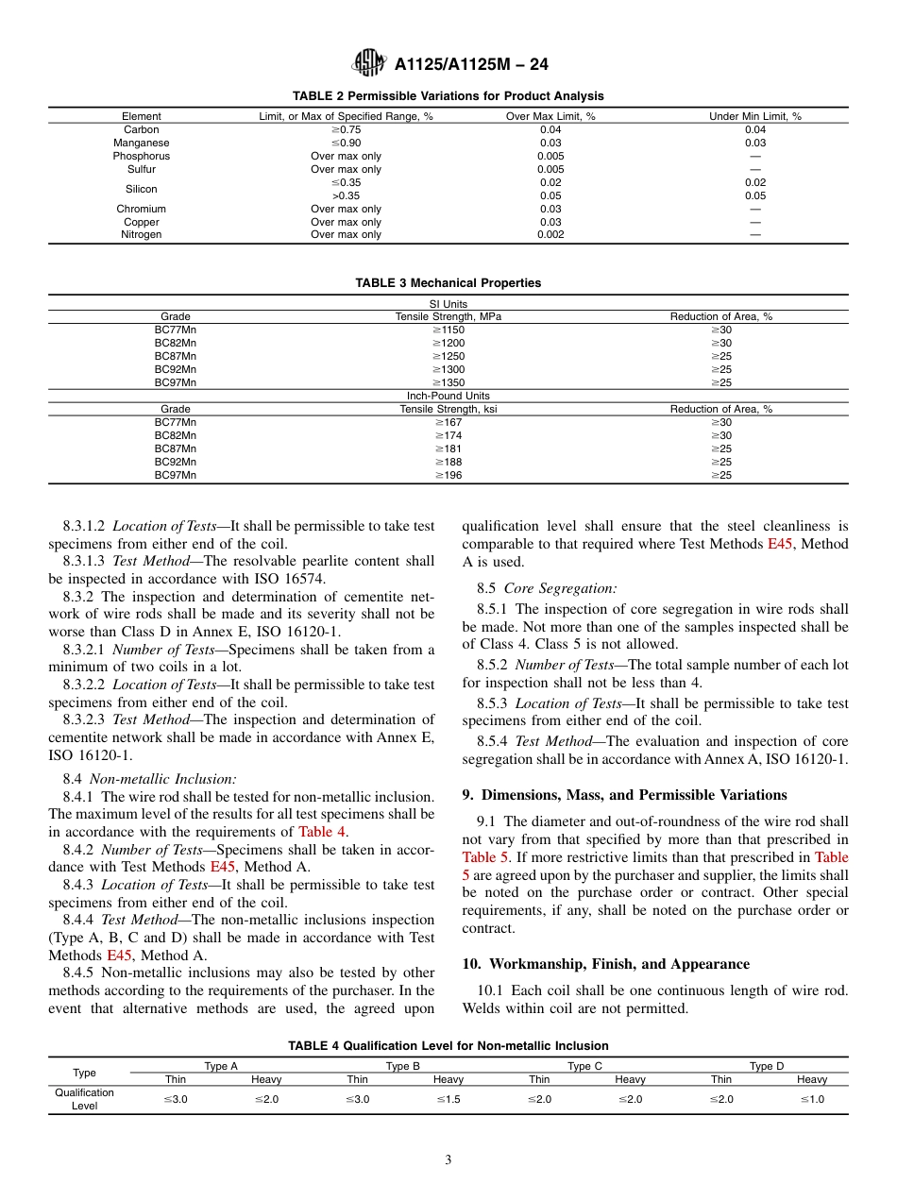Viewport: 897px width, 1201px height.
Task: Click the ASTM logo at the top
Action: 368,63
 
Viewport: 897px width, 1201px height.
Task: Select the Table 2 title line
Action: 448,96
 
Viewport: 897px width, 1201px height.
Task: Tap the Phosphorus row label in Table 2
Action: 142,156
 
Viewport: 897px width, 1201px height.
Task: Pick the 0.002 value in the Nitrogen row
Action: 550,234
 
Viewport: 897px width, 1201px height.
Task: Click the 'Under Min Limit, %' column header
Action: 754,116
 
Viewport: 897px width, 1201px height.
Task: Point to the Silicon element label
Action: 142,189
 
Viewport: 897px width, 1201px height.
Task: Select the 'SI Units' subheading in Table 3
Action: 448,304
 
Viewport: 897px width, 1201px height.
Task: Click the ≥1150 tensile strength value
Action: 448,330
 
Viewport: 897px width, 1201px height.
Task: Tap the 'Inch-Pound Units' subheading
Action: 448,396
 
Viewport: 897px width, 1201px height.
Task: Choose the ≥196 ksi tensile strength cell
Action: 448,475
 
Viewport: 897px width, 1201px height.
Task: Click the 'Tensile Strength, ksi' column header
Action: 448,409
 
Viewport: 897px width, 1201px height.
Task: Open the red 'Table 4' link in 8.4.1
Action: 322,832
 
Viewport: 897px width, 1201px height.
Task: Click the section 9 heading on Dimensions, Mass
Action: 624,795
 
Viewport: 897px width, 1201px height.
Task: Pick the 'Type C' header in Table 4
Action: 584,1066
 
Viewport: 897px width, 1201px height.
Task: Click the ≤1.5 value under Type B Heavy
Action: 448,1099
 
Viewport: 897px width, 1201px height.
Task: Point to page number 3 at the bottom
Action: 448,1160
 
